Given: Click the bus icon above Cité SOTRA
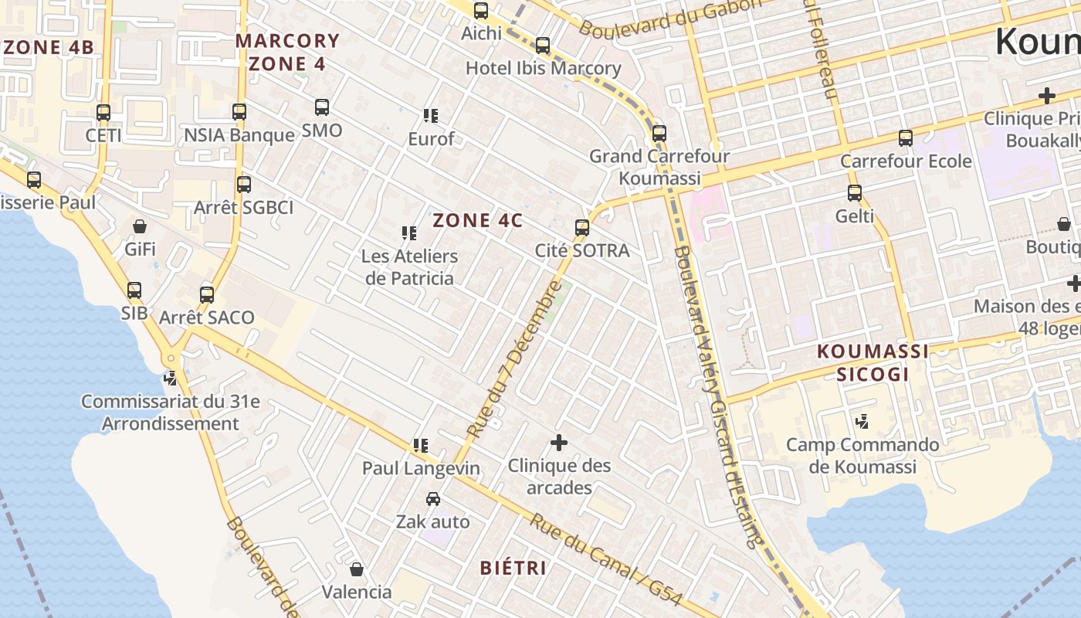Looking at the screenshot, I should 582,228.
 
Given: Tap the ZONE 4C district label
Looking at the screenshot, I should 477,221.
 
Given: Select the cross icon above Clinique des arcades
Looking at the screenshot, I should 558,443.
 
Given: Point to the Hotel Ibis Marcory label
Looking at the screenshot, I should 543,69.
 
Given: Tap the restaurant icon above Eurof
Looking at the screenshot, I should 431,116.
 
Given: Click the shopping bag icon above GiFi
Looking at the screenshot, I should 140,226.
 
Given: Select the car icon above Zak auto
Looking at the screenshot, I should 433,499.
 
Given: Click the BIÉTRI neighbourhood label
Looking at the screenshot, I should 513,569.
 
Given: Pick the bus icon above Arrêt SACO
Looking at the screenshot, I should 206,294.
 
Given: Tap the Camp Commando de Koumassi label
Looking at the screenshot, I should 862,456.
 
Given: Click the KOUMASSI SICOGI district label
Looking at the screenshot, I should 873,363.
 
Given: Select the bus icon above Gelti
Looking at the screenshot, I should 854,193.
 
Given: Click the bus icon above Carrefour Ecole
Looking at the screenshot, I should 905,138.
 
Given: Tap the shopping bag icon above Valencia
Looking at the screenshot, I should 357,569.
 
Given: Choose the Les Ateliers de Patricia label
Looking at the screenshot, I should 409,267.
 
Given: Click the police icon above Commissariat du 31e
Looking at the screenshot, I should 171,379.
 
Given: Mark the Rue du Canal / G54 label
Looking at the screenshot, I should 606,559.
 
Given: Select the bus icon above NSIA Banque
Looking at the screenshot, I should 239,112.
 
